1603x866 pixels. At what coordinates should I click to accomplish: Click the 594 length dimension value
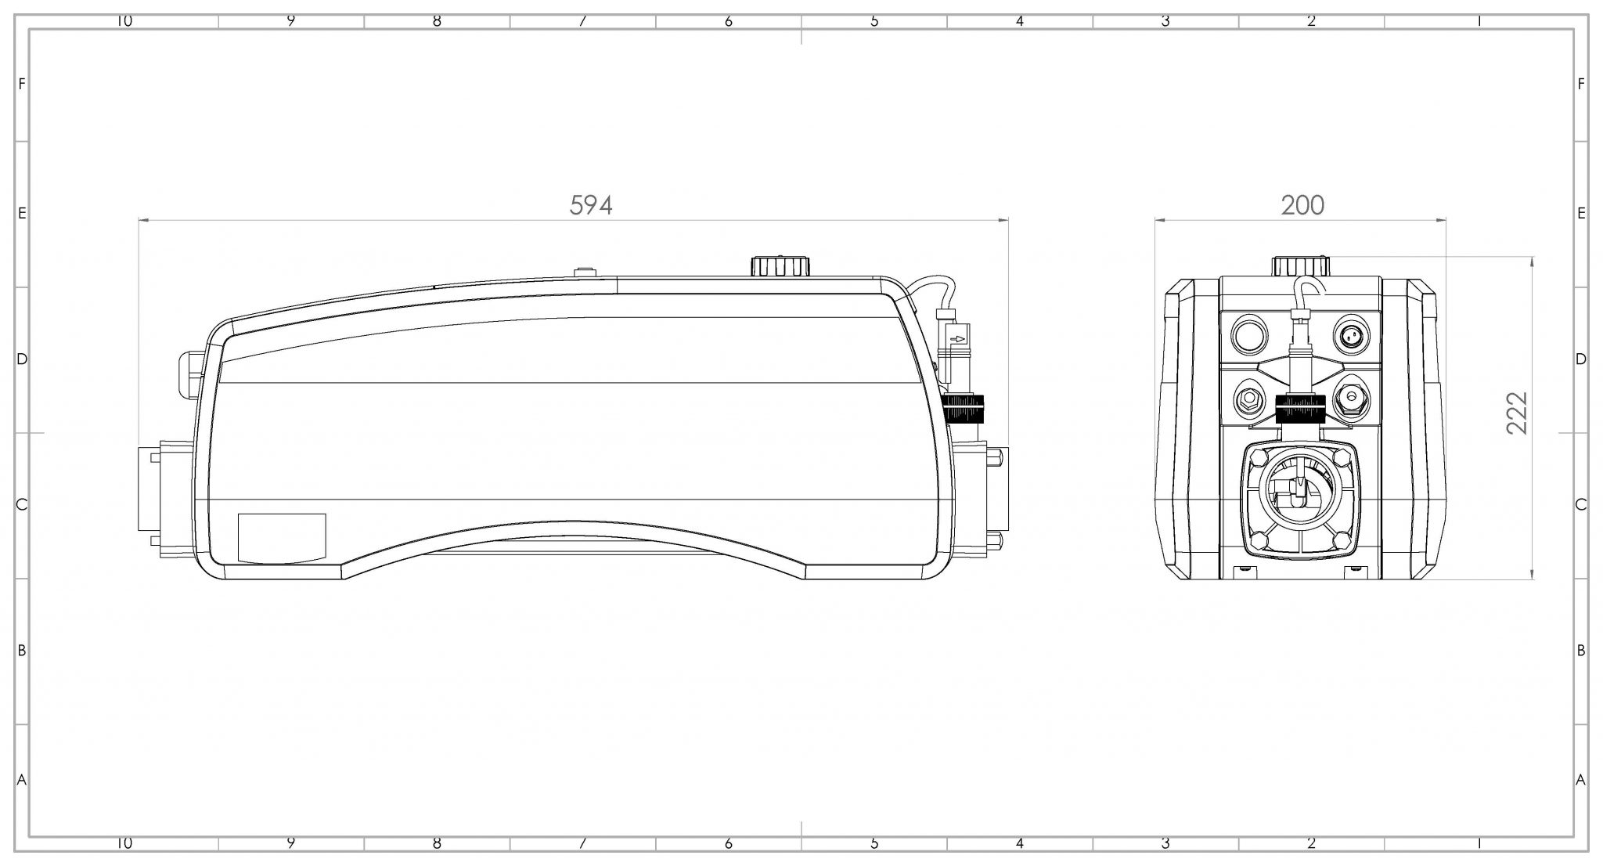coord(591,205)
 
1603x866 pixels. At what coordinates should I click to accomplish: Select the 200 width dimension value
coord(1302,205)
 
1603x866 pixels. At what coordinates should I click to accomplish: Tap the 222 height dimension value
coord(1516,413)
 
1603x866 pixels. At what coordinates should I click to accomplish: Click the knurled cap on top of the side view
coord(780,265)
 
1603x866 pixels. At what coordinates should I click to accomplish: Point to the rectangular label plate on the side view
coord(282,538)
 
